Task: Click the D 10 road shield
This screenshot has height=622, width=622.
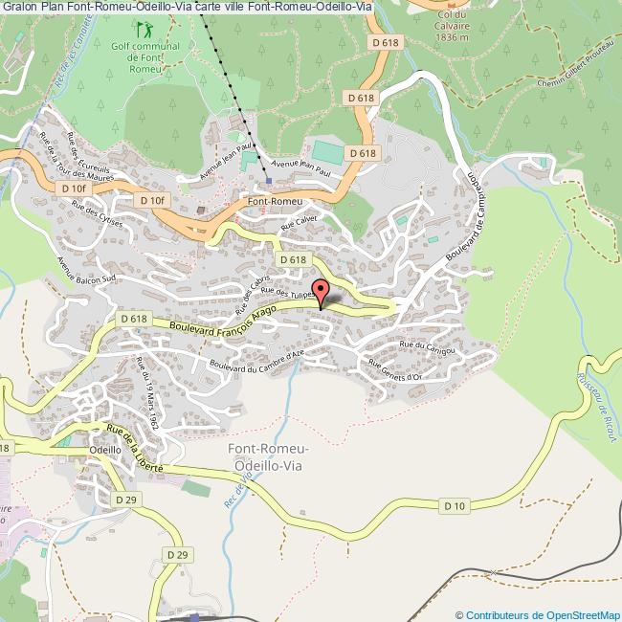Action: (x=454, y=505)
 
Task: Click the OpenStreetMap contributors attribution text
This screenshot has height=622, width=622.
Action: (x=538, y=614)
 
